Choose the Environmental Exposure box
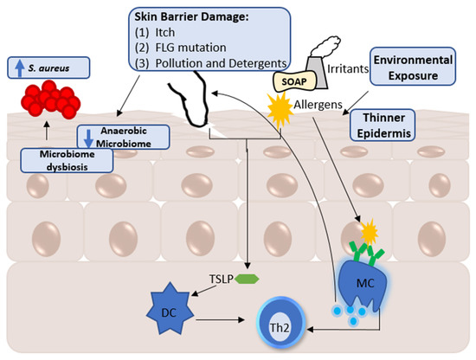pyautogui.click(x=413, y=64)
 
